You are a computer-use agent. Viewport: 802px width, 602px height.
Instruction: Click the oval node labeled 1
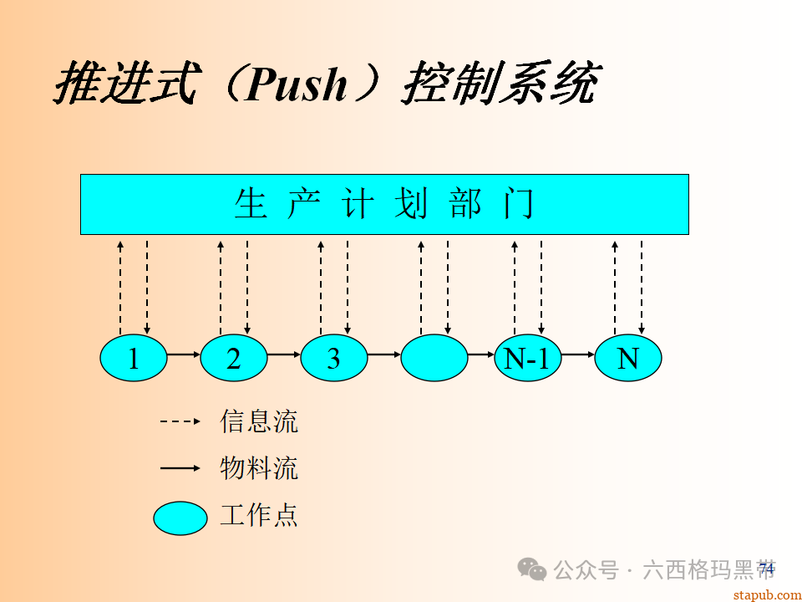click(134, 359)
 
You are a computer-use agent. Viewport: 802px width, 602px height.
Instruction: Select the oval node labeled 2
click(234, 359)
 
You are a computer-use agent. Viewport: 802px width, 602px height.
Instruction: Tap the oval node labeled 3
click(334, 359)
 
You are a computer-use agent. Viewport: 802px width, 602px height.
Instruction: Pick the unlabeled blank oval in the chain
click(434, 359)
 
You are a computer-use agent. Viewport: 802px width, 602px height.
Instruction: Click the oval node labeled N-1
click(527, 359)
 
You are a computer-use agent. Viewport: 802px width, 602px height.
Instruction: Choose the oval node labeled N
click(627, 359)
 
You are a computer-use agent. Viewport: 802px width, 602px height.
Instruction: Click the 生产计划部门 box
click(384, 204)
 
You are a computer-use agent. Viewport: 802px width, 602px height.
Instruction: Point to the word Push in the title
click(297, 84)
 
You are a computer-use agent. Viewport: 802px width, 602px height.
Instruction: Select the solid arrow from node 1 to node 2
click(183, 355)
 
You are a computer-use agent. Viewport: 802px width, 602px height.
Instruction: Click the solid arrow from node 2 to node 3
click(283, 355)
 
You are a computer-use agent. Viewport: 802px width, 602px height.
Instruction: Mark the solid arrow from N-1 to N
click(577, 355)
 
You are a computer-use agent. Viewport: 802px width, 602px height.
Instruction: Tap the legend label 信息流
click(259, 421)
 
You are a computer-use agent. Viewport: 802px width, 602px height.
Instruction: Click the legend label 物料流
click(259, 468)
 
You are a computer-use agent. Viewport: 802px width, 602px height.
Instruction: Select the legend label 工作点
click(259, 515)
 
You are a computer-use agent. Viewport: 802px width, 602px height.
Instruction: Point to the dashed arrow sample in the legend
click(180, 421)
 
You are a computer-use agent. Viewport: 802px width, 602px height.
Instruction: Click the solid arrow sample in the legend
click(180, 469)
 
